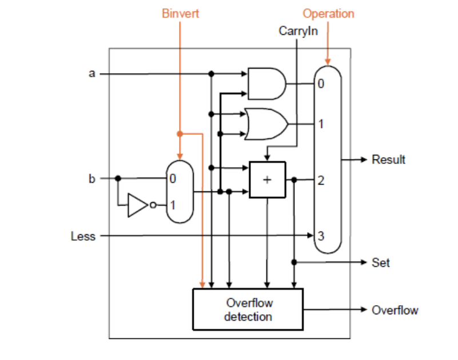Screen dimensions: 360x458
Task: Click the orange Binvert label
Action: click(x=180, y=14)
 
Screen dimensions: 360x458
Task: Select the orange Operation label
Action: click(x=328, y=14)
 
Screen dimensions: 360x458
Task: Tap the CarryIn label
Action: click(x=298, y=30)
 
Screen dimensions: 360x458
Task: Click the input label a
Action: click(x=91, y=74)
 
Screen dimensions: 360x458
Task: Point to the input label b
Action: click(x=91, y=178)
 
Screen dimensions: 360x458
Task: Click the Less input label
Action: click(x=83, y=235)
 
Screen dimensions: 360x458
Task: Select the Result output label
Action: click(x=388, y=159)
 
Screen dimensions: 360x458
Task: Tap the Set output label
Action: click(x=381, y=262)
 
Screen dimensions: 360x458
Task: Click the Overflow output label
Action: click(x=395, y=310)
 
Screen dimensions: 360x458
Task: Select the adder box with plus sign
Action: click(x=267, y=180)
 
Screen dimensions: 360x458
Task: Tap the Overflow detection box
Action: click(x=248, y=309)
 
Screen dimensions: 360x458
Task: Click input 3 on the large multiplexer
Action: click(x=321, y=235)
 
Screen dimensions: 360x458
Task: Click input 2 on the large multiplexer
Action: click(x=321, y=181)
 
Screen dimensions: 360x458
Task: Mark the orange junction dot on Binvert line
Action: click(x=180, y=134)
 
